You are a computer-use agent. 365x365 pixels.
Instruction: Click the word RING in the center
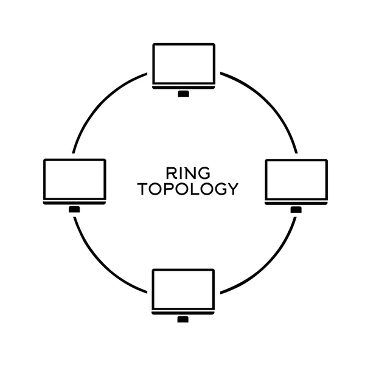click(x=188, y=173)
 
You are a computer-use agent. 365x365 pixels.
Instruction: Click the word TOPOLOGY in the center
click(x=188, y=189)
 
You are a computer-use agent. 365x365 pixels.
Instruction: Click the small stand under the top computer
click(x=184, y=94)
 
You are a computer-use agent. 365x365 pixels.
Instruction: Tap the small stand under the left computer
click(x=74, y=209)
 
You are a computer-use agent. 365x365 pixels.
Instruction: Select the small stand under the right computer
click(x=296, y=210)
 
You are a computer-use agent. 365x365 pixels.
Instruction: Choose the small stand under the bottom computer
click(x=183, y=319)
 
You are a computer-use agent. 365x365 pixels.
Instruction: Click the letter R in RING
click(x=170, y=173)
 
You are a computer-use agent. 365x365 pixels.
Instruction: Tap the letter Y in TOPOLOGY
click(x=233, y=189)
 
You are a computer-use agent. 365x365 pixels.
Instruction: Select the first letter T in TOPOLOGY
click(x=142, y=189)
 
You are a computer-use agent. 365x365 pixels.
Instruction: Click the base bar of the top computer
click(x=184, y=87)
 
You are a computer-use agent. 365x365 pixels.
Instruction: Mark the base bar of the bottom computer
click(x=183, y=313)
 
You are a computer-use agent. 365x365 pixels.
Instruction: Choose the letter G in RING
click(x=204, y=173)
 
